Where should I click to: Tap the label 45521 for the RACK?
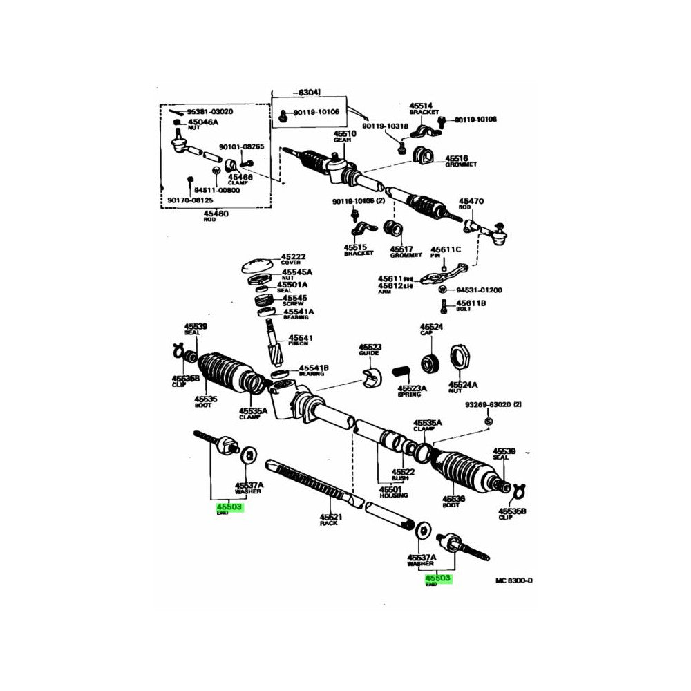tap(331, 517)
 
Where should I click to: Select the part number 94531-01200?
tap(478, 290)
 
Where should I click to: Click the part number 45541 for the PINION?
tap(301, 338)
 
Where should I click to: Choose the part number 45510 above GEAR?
tap(345, 133)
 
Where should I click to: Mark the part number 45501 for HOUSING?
tap(393, 489)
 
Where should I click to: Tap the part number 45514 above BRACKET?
tap(422, 106)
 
